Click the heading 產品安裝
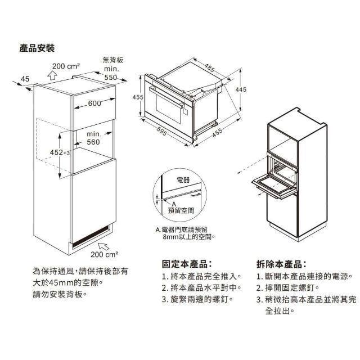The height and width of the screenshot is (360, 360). tap(37, 48)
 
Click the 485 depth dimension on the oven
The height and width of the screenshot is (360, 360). tap(210, 67)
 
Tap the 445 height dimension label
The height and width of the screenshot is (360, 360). tap(241, 89)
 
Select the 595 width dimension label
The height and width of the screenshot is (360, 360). tap(161, 131)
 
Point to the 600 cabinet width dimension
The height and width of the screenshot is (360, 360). tap(94, 103)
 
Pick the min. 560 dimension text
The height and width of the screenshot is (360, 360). tap(94, 138)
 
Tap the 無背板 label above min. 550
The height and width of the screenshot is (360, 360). tap(113, 60)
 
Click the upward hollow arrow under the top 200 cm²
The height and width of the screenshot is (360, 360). tap(52, 75)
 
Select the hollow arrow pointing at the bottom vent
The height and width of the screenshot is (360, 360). tap(103, 246)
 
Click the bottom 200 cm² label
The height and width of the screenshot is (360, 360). tap(105, 254)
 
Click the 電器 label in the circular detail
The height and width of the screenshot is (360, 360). tap(183, 180)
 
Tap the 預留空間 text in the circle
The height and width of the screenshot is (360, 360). tap(181, 210)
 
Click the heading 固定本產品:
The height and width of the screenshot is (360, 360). tap(187, 264)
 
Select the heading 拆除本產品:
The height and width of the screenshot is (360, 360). tap(281, 264)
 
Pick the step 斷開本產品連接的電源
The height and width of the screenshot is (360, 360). tap(304, 276)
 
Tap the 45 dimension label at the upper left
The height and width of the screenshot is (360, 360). tap(25, 79)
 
